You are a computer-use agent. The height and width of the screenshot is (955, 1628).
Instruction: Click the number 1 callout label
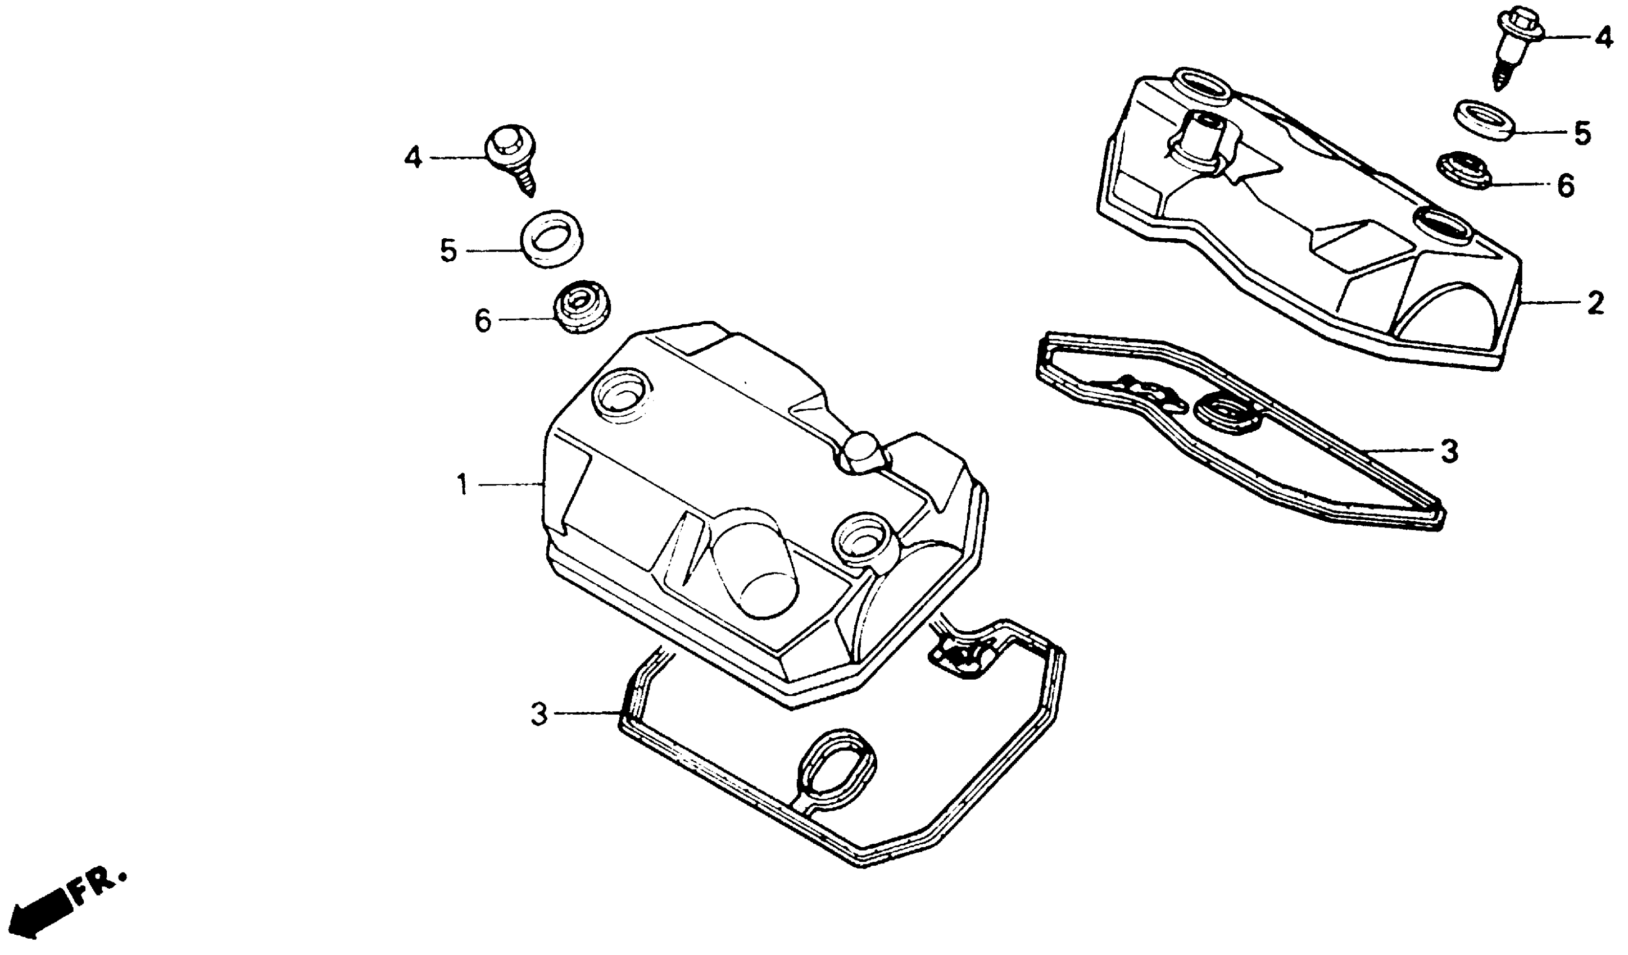(462, 484)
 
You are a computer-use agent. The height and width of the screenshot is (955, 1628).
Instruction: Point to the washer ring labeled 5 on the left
(550, 238)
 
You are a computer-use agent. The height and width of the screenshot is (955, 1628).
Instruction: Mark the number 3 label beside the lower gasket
(539, 715)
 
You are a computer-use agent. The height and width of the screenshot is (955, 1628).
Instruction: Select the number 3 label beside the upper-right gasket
(1450, 451)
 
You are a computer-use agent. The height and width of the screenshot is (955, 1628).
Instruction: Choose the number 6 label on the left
(483, 321)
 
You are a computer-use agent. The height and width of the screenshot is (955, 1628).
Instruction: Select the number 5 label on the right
(1581, 134)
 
